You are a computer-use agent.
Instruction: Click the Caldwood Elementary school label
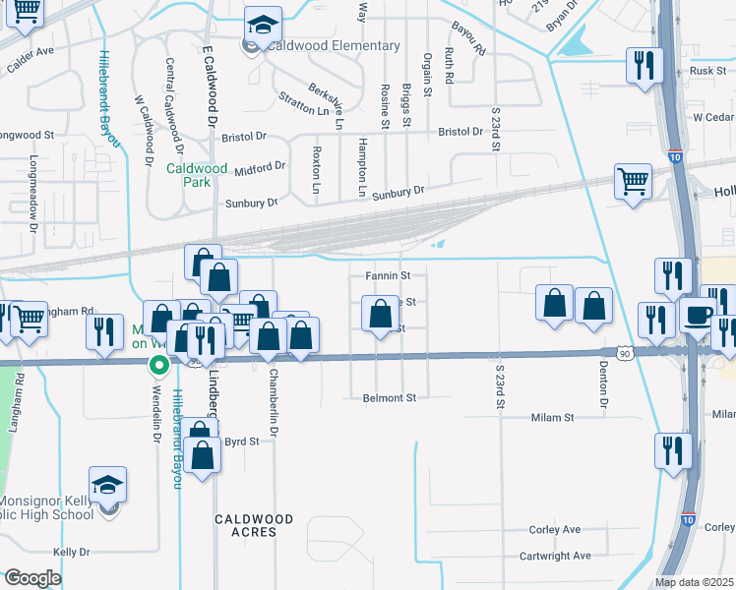point(336,46)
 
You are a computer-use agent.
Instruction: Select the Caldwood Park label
point(198,175)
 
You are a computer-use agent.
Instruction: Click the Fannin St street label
point(388,276)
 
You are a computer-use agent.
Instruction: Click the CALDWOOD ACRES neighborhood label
point(254,525)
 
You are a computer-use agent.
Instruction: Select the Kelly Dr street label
point(71,553)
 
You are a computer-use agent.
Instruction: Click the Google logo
point(32,578)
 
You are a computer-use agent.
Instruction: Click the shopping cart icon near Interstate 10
point(633,181)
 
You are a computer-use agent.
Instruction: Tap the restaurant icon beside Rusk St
point(645,65)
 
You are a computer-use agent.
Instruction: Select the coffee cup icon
point(699,316)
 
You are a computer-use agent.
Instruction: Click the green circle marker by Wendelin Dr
point(156,366)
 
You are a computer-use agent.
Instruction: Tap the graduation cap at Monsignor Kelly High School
point(107,485)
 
